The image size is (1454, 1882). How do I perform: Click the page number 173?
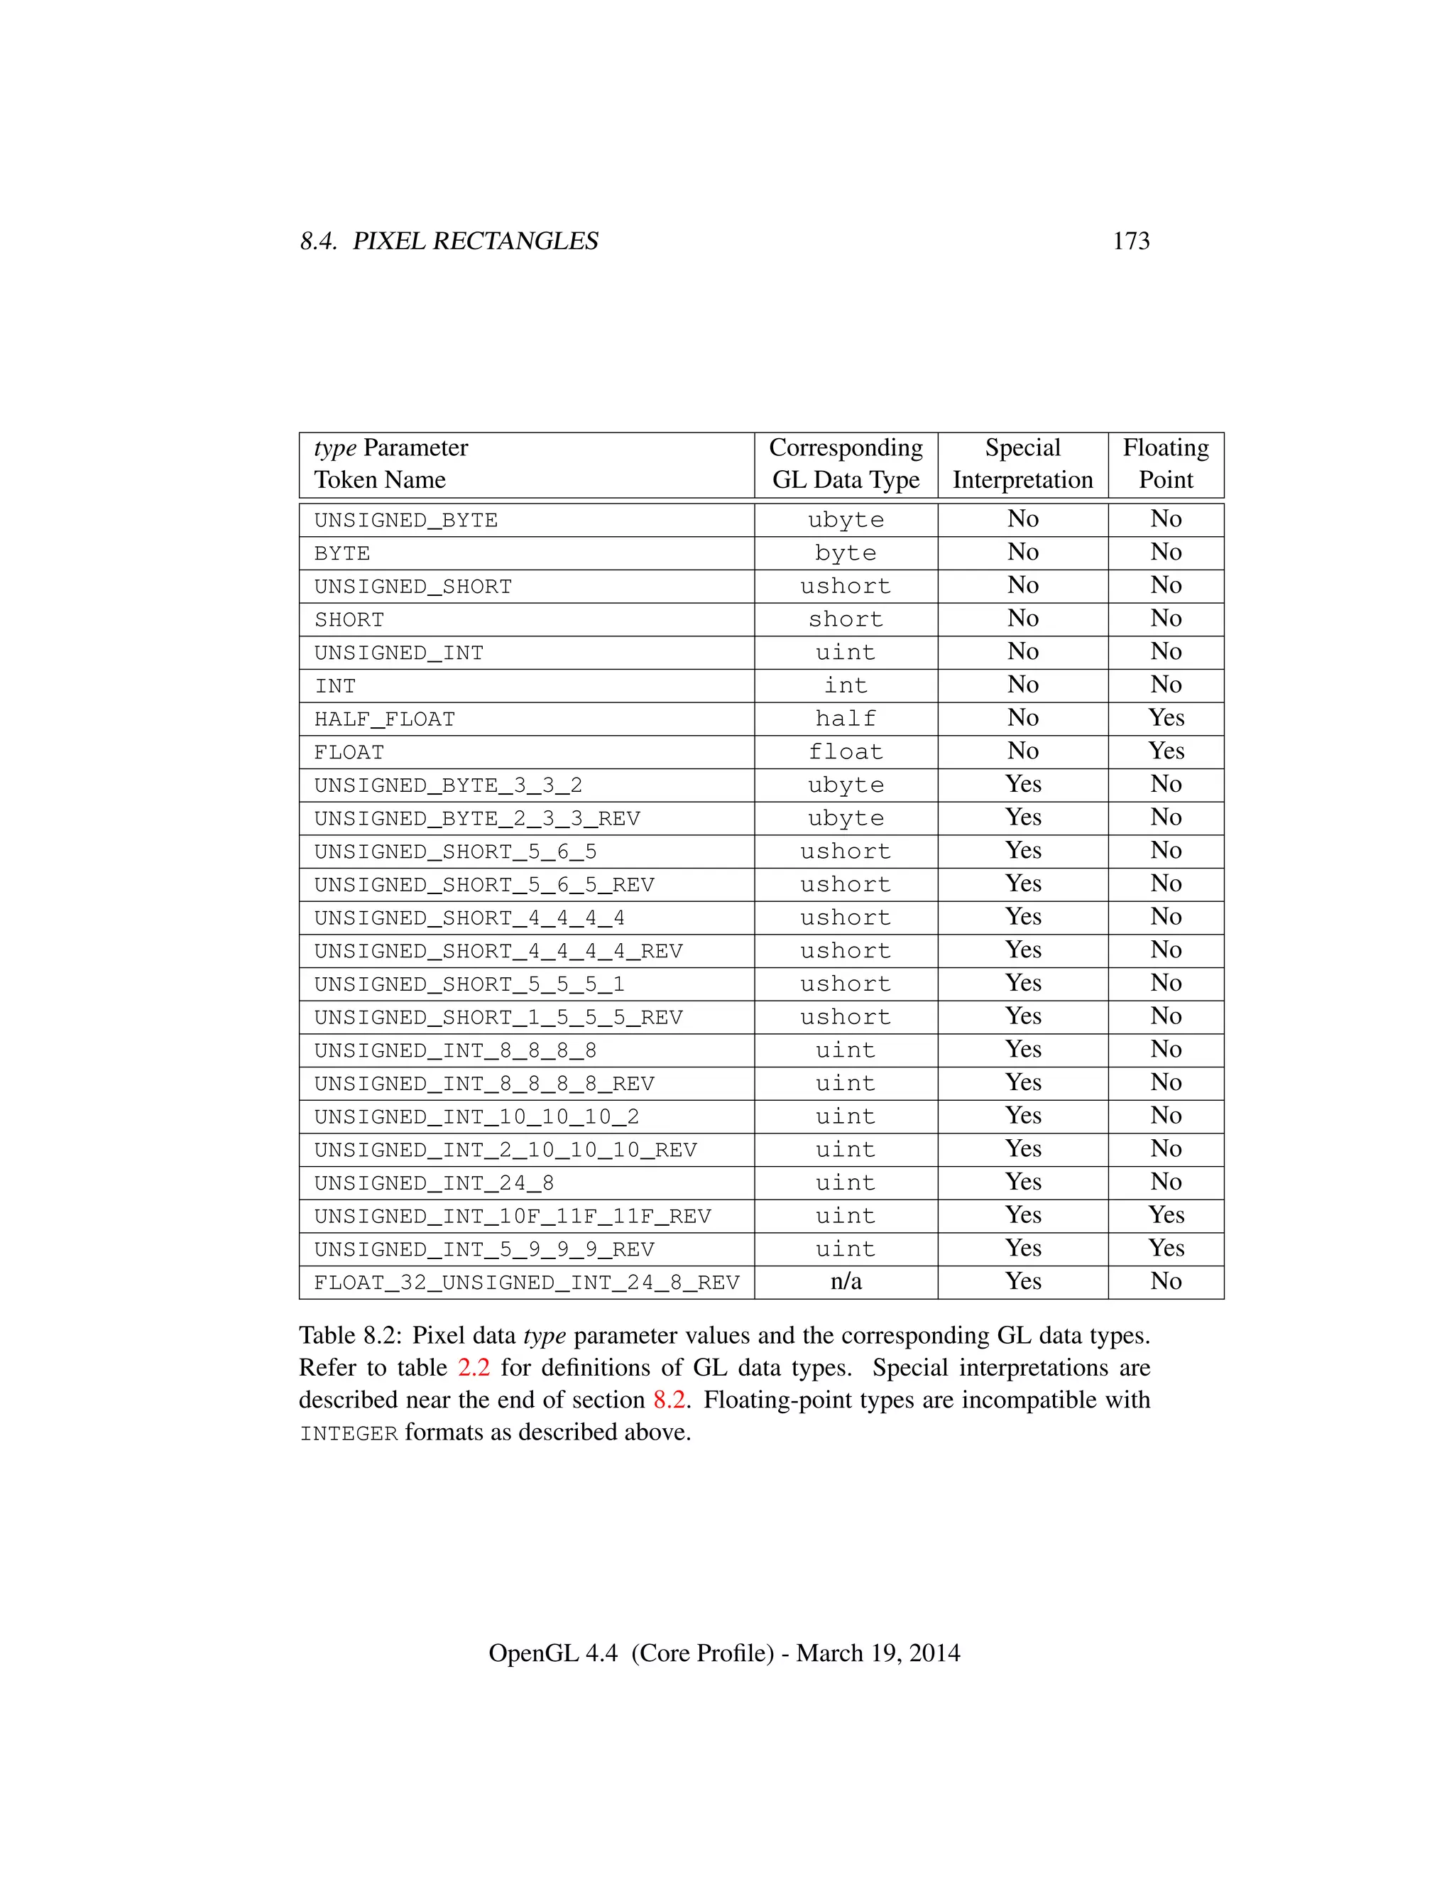tap(1130, 241)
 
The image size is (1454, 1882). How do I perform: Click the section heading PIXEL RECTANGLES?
tap(476, 241)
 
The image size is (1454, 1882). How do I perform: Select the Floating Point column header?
tap(1166, 464)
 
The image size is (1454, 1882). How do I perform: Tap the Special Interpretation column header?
tap(1022, 464)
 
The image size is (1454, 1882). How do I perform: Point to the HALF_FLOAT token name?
tap(384, 719)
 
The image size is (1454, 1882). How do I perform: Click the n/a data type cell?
tap(846, 1281)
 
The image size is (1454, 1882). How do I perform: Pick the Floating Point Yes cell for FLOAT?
tap(1166, 751)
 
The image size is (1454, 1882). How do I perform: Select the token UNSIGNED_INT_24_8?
tap(434, 1183)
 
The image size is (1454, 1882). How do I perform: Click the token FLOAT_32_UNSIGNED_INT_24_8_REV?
tap(526, 1283)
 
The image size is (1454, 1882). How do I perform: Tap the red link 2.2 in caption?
tap(474, 1368)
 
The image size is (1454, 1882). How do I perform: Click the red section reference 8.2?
tap(669, 1400)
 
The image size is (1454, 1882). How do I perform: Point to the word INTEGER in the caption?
tap(349, 1433)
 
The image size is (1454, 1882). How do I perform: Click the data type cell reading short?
tap(846, 619)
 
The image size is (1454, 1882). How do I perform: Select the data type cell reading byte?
tap(846, 553)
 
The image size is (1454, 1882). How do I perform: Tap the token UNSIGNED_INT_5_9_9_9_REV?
tap(484, 1249)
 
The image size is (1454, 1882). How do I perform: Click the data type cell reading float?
tap(846, 752)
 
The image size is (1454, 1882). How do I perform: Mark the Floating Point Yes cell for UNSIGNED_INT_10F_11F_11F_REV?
tap(1166, 1215)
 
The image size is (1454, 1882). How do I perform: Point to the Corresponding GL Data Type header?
tap(846, 464)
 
